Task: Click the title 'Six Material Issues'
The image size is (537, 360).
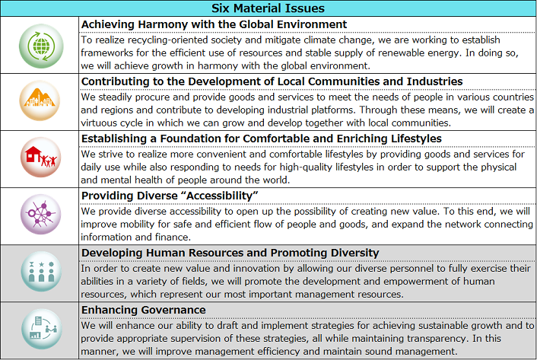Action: tap(268, 8)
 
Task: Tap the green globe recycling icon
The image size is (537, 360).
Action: tap(40, 45)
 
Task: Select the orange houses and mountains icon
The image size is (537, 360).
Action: tap(40, 101)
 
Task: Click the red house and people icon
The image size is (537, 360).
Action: tap(40, 158)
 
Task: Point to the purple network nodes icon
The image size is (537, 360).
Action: tap(40, 215)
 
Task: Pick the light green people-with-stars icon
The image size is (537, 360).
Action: tap(40, 273)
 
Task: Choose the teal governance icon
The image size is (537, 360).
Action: tap(40, 330)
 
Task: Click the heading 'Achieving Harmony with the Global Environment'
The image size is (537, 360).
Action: tap(214, 24)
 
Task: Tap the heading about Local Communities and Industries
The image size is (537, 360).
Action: tap(272, 81)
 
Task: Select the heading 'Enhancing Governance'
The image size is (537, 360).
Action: tap(144, 310)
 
